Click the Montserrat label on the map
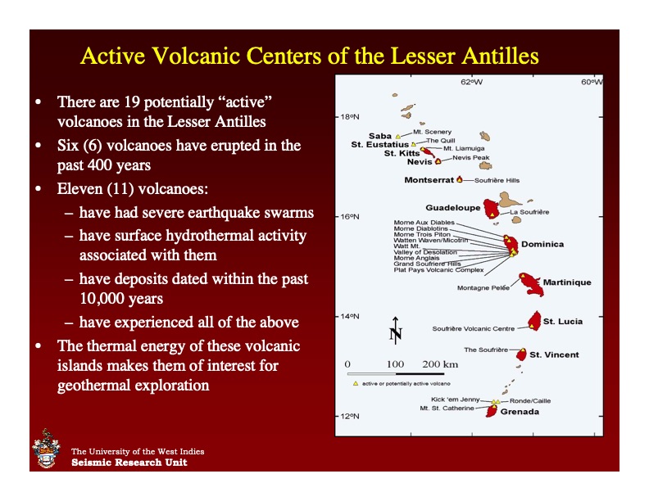(x=429, y=179)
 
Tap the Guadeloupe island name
(x=452, y=208)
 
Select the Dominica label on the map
(x=542, y=244)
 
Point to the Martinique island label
(x=566, y=282)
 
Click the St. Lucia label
(x=563, y=322)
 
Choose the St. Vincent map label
(x=554, y=355)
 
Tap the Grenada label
(x=520, y=412)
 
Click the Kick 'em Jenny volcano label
(x=455, y=399)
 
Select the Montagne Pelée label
(x=483, y=288)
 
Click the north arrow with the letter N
(x=395, y=329)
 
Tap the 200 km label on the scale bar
(x=440, y=363)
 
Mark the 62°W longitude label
(x=471, y=82)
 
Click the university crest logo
(x=46, y=450)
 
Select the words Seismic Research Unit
(x=129, y=463)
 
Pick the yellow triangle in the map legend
(x=354, y=383)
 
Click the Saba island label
(x=380, y=136)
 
